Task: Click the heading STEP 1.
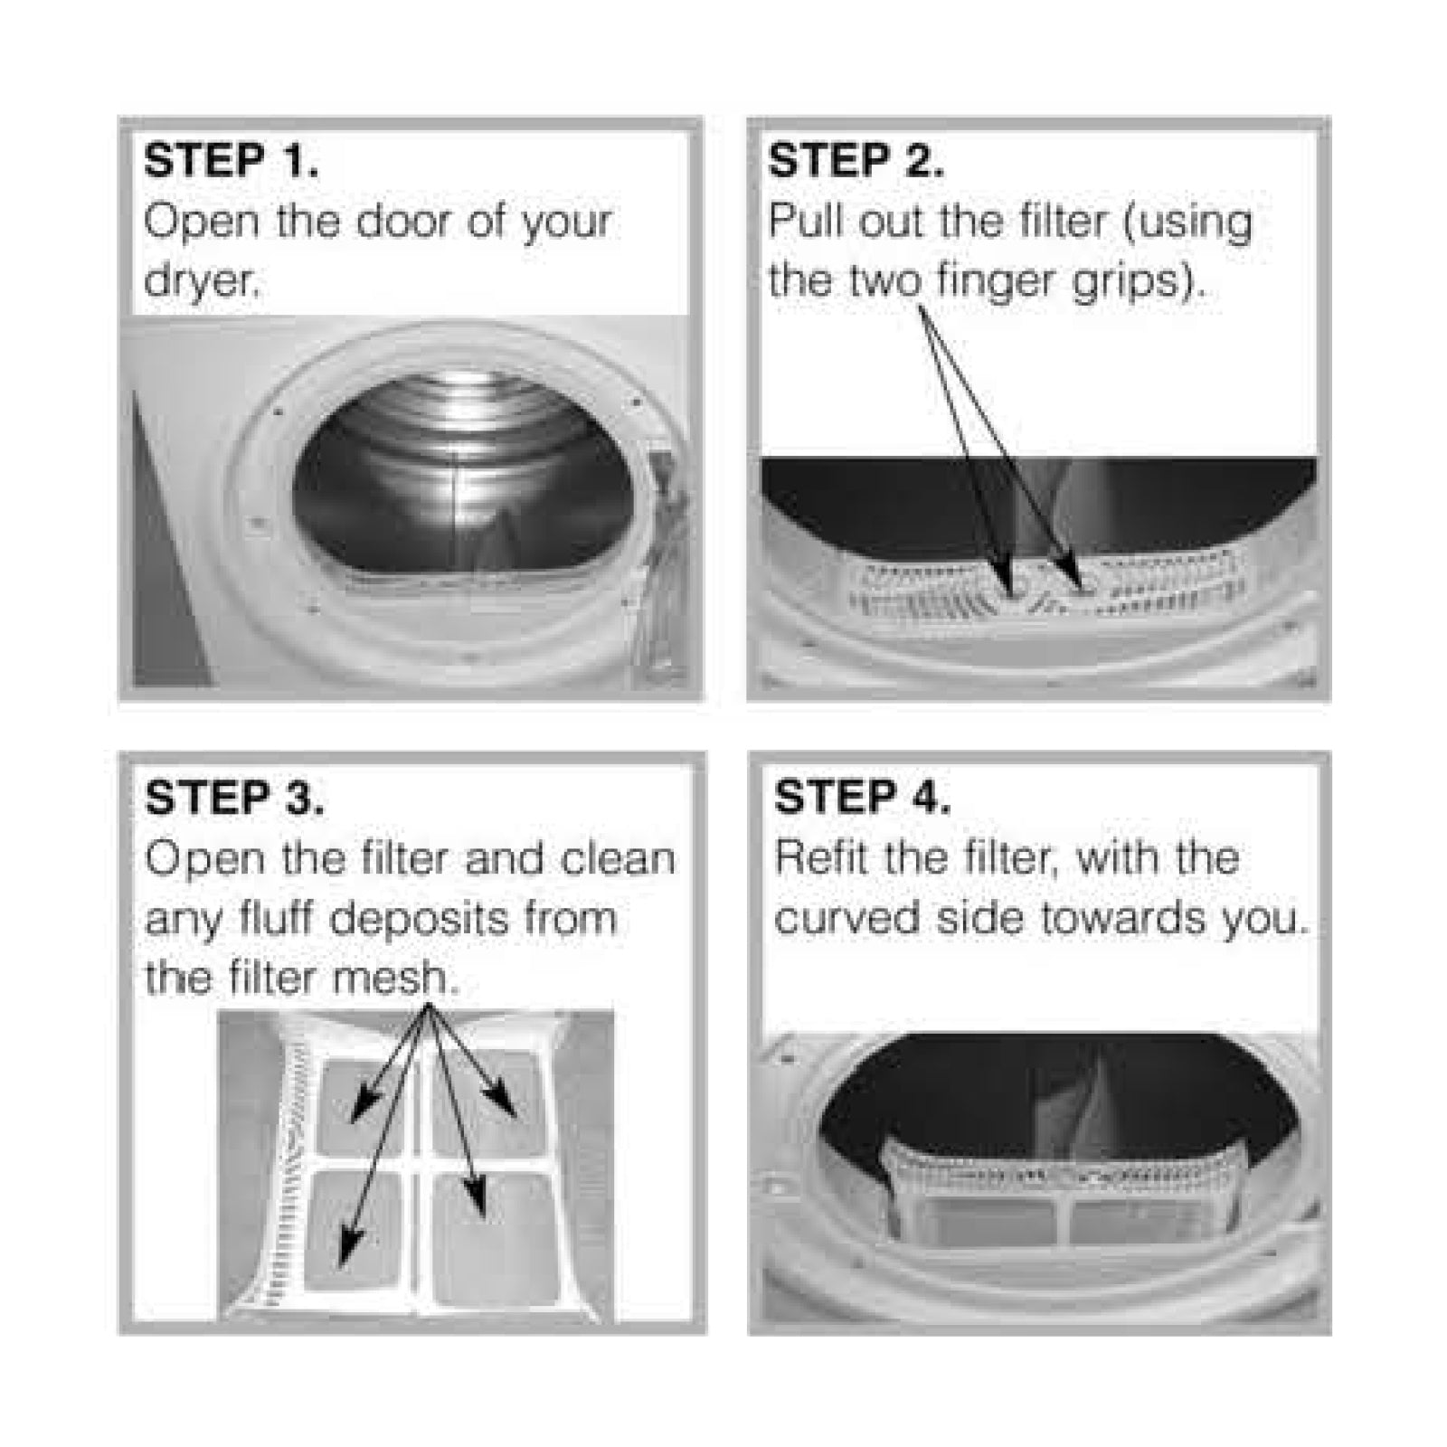pyautogui.click(x=231, y=161)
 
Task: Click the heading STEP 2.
pyautogui.click(x=856, y=161)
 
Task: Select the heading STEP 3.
pyautogui.click(x=233, y=798)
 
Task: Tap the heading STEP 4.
pyautogui.click(x=862, y=798)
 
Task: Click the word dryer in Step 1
pyautogui.click(x=201, y=282)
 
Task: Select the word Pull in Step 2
pyautogui.click(x=805, y=222)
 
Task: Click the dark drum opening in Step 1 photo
pyautogui.click(x=461, y=479)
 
